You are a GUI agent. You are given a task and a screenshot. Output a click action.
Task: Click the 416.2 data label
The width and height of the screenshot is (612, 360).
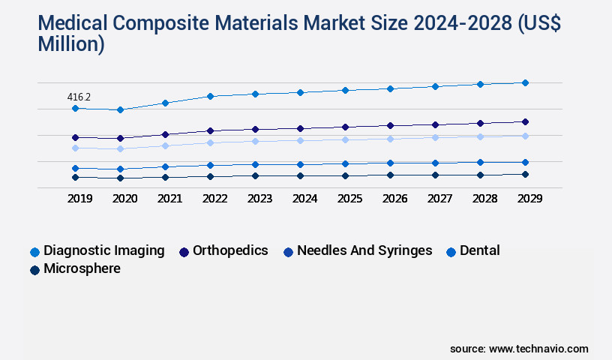pyautogui.click(x=79, y=97)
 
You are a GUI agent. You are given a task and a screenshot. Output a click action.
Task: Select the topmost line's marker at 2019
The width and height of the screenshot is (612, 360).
pyautogui.click(x=75, y=109)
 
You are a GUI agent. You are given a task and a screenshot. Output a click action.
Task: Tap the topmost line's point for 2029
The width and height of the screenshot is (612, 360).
pyautogui.click(x=525, y=82)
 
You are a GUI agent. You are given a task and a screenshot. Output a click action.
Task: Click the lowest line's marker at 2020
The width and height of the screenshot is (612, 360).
pyautogui.click(x=120, y=178)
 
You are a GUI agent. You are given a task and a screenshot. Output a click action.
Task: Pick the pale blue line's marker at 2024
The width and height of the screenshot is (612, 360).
pyautogui.click(x=300, y=140)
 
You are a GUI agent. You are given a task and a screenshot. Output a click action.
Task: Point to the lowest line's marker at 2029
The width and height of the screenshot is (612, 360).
pyautogui.click(x=525, y=174)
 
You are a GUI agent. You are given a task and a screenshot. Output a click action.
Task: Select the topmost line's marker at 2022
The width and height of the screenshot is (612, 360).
pyautogui.click(x=210, y=96)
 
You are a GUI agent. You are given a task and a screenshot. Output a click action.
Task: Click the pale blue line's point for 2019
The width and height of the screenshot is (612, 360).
pyautogui.click(x=75, y=148)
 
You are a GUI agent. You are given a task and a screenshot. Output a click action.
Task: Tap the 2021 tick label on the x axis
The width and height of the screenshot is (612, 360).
pyautogui.click(x=169, y=199)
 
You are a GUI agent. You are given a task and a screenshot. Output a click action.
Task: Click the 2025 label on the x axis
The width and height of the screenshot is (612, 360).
pyautogui.click(x=349, y=199)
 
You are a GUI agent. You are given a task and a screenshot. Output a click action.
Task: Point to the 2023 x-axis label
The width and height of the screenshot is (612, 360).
pyautogui.click(x=259, y=199)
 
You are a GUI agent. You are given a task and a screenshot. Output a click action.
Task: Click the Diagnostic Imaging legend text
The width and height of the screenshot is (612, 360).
pyautogui.click(x=104, y=250)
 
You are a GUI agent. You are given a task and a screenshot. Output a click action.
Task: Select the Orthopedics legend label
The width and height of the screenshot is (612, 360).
pyautogui.click(x=230, y=250)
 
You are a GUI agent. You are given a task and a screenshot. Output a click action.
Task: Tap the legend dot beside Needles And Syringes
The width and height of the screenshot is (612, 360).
pyautogui.click(x=288, y=252)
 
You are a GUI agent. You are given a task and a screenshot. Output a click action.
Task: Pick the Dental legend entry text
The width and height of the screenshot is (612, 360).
pyautogui.click(x=479, y=250)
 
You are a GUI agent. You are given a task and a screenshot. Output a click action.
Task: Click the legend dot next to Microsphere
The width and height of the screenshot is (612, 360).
pyautogui.click(x=34, y=270)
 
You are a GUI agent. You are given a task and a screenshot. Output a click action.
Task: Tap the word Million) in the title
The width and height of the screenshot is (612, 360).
pyautogui.click(x=70, y=45)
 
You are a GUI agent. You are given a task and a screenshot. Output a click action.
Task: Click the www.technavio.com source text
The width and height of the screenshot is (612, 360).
pyautogui.click(x=538, y=349)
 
